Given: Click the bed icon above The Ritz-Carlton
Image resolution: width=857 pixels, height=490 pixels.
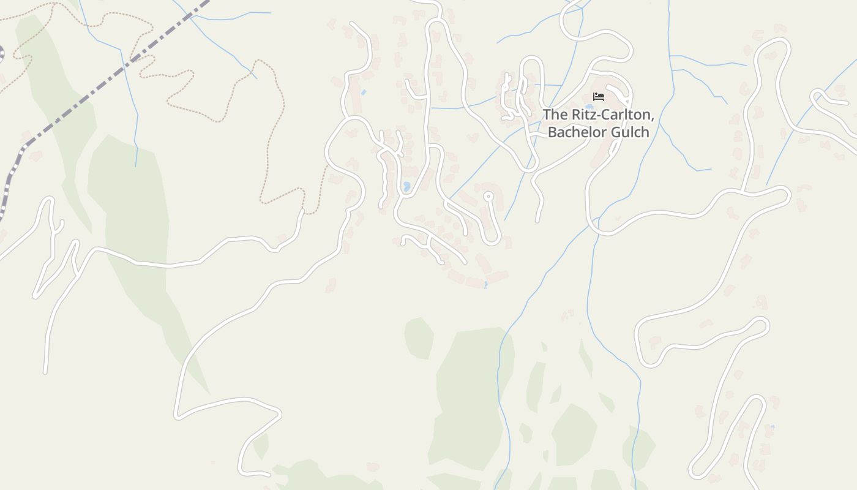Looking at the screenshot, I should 599,97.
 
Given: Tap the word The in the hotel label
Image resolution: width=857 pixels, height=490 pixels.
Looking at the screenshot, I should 555,115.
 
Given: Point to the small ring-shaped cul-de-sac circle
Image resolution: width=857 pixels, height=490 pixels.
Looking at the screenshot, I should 488,197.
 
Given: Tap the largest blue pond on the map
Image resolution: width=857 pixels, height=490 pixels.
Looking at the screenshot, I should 406,186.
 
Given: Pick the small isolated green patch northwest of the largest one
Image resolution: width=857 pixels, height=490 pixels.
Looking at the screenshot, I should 419,337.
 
